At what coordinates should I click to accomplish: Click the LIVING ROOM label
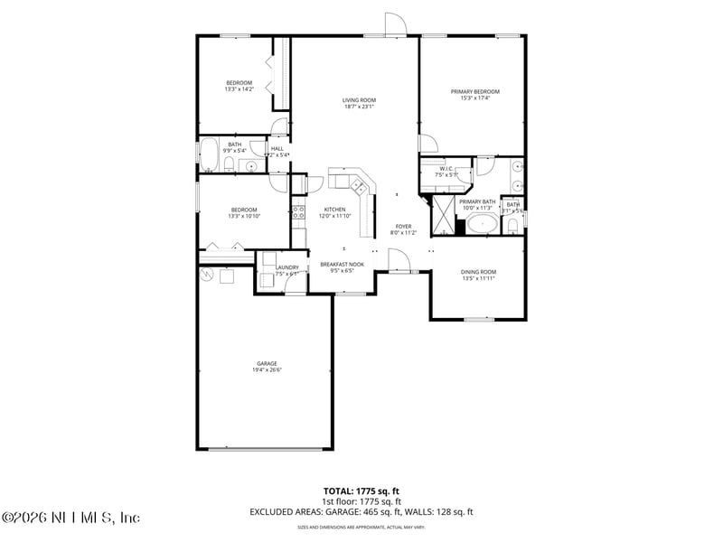coord(359,100)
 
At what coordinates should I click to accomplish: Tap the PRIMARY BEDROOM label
coord(474,91)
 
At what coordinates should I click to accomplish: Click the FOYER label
coord(403,226)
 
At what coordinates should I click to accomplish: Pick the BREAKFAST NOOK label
coord(343,264)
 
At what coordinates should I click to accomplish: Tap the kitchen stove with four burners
coord(298,213)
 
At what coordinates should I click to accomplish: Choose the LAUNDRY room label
coord(287,267)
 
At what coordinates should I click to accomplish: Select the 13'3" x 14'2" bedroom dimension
coord(239,89)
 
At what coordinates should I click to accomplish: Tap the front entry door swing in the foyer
coord(399,260)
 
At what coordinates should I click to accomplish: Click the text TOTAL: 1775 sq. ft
coord(361,490)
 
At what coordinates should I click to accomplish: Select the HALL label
coord(277,148)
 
